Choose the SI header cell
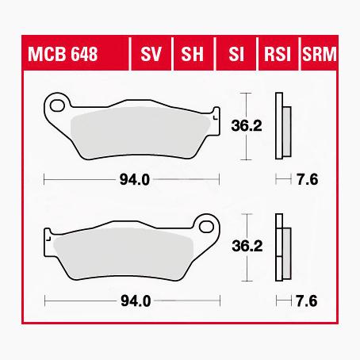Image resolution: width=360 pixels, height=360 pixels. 235,55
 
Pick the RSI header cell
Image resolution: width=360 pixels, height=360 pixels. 277,55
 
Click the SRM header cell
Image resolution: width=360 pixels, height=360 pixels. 317,55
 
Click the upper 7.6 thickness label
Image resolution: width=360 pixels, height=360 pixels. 308,179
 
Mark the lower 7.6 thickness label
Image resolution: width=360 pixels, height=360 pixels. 308,301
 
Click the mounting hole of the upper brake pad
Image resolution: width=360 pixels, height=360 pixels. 56,103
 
